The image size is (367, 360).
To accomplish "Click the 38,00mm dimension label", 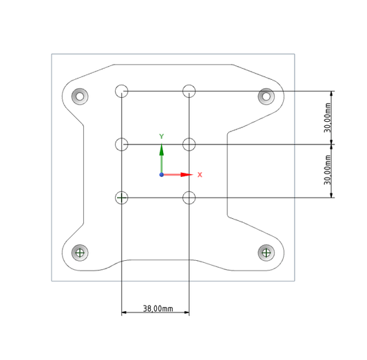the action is point(158,308).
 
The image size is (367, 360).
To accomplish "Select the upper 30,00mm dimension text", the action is point(328,118).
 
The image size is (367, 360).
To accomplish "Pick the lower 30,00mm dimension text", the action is point(328,170).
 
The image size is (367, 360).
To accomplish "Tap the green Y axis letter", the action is point(162,136).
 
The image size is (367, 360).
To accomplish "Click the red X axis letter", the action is point(200,175).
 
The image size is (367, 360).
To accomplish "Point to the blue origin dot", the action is point(162,175).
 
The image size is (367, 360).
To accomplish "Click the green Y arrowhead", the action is point(162,149).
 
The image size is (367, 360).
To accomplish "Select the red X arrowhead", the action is point(187,175).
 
